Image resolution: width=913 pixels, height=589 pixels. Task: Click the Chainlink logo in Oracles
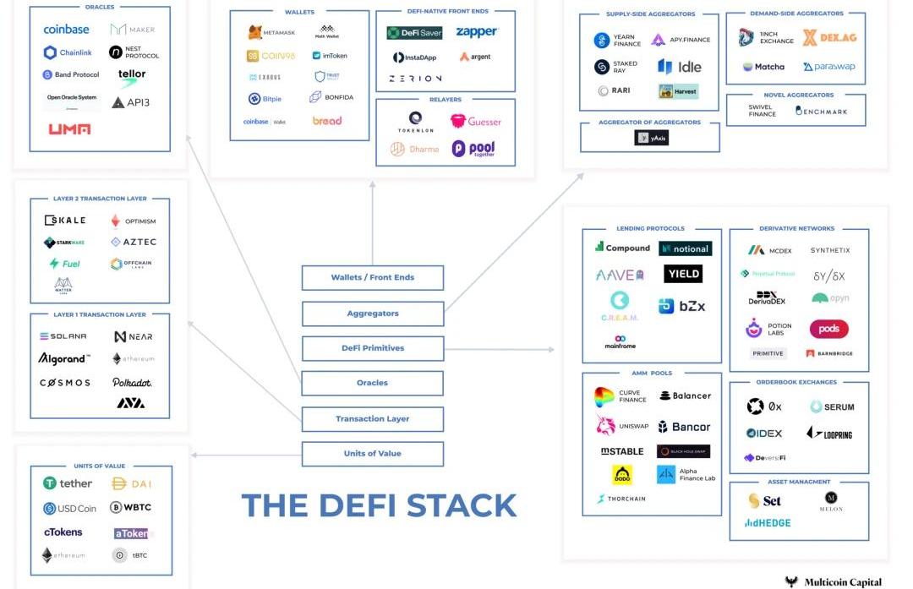click(68, 53)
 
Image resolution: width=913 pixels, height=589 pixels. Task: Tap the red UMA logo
click(69, 129)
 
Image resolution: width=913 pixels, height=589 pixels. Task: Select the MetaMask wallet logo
click(271, 33)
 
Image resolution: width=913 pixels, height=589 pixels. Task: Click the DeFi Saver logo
click(414, 33)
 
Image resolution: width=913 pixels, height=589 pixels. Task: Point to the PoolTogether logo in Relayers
click(473, 149)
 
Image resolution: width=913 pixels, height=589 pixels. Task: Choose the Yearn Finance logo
click(618, 40)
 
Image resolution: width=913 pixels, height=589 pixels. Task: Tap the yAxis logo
click(651, 137)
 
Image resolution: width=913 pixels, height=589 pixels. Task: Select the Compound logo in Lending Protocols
click(622, 248)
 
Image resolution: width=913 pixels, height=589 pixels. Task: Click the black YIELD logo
click(683, 274)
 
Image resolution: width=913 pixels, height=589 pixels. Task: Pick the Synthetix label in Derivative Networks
click(830, 251)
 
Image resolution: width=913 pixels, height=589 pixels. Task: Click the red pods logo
click(828, 329)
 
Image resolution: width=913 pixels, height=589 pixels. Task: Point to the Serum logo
click(832, 407)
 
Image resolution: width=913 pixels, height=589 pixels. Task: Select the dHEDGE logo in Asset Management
click(768, 523)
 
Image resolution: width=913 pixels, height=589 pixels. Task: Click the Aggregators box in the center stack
click(372, 314)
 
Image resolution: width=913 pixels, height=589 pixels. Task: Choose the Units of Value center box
click(372, 454)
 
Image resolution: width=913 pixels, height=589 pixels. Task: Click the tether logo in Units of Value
click(68, 483)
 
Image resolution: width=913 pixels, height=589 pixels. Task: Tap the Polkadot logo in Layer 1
click(132, 383)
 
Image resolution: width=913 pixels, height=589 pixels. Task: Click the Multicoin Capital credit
click(834, 581)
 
